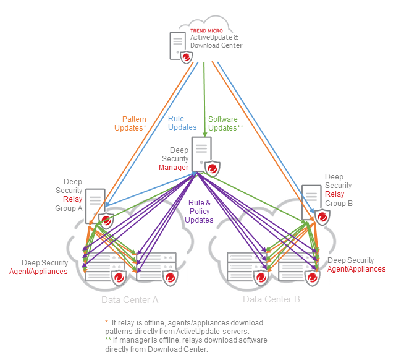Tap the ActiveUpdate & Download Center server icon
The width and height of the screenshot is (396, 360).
[178, 45]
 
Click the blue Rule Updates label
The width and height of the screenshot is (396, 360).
[182, 123]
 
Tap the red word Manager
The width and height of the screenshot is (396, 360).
[174, 168]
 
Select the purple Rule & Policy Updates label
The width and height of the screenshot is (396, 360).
[200, 211]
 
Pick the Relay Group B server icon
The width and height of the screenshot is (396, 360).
[311, 200]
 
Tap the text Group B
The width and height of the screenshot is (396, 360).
[339, 203]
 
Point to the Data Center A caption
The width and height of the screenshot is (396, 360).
[130, 299]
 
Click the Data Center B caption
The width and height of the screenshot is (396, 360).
[271, 299]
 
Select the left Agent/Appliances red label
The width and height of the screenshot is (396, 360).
[38, 272]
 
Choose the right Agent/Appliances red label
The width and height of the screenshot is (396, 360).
[356, 269]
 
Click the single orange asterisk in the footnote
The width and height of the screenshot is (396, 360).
[106, 322]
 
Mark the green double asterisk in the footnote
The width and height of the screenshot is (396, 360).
[107, 340]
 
